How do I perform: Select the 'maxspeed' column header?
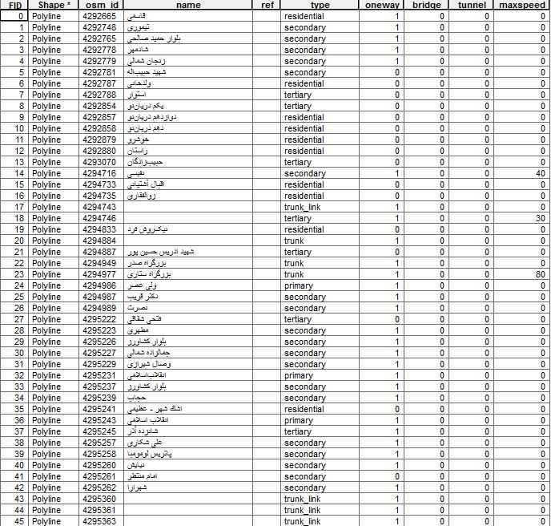click(522, 5)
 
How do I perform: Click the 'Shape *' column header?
click(54, 5)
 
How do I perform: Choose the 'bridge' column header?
click(425, 5)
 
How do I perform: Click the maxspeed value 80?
click(541, 274)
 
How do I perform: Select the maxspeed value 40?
click(541, 173)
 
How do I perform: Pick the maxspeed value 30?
click(541, 218)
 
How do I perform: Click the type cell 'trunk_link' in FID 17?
click(302, 207)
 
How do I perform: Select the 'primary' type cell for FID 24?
click(298, 285)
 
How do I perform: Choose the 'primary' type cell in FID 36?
click(298, 420)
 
